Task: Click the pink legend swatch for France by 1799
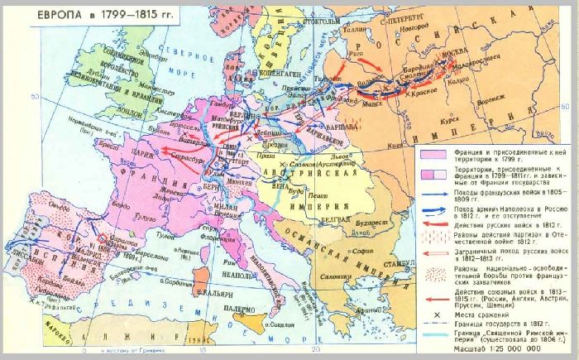click(x=433, y=154)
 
